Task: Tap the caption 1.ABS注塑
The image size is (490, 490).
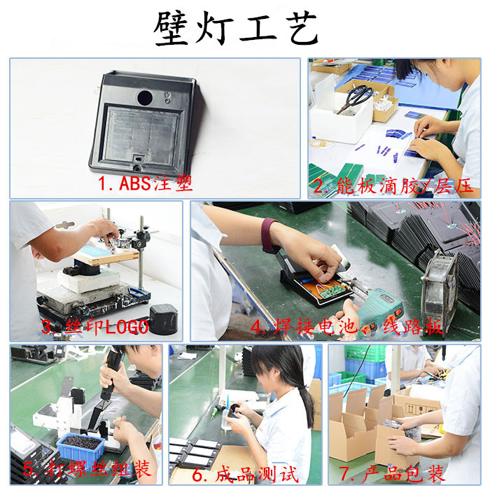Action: (145, 184)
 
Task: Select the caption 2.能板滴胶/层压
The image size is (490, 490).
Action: (392, 187)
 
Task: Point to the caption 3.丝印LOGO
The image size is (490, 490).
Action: (94, 327)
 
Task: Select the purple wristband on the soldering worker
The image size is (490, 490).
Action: (269, 234)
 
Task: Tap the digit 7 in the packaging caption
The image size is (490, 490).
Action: (344, 473)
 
